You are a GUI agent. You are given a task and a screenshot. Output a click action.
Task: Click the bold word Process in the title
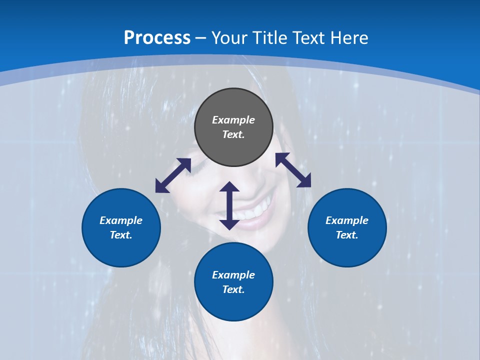click(157, 38)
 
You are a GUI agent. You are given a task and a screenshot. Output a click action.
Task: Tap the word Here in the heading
click(348, 38)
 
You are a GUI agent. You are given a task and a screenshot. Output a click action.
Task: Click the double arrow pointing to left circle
click(173, 175)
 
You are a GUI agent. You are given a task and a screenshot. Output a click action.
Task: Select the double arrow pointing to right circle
click(293, 170)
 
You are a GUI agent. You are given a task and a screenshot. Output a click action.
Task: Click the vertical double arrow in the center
click(229, 206)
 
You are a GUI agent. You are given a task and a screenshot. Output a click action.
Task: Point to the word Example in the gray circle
click(233, 120)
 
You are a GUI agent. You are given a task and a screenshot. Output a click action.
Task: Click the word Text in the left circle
click(121, 235)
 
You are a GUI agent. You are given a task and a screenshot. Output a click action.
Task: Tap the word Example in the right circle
click(347, 220)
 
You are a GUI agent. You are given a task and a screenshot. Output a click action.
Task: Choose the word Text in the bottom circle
click(233, 289)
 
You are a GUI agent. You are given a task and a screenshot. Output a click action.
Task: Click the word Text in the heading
click(311, 38)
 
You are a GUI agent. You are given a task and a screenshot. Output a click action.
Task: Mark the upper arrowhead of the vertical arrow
click(229, 187)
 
